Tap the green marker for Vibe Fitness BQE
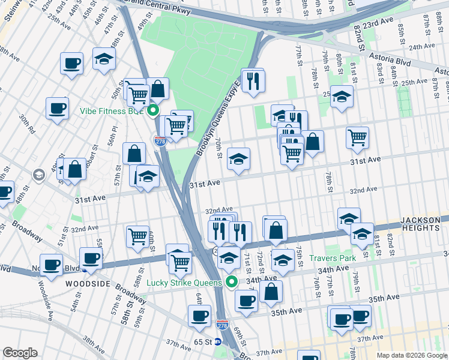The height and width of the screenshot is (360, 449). pyautogui.click(x=153, y=110)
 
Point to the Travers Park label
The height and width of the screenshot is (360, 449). pyautogui.click(x=333, y=258)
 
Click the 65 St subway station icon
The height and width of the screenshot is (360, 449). pyautogui.click(x=218, y=342)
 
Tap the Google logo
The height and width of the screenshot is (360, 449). pyautogui.click(x=20, y=352)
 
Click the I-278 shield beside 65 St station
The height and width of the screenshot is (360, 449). pyautogui.click(x=221, y=325)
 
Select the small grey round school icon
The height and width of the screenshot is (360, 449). pyautogui.click(x=40, y=175)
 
